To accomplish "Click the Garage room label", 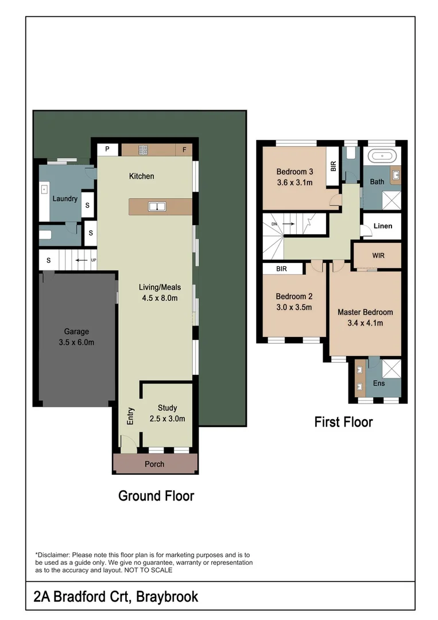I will [x=76, y=332].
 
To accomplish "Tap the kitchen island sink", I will [x=157, y=206].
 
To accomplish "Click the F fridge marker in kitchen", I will [x=184, y=150].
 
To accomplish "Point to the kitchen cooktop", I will [x=143, y=150].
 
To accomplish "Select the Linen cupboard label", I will [x=382, y=226].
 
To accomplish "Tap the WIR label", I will [x=378, y=254].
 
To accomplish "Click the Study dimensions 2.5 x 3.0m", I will [x=166, y=418].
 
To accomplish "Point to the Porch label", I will [x=154, y=464].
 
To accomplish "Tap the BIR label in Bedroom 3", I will [x=334, y=166].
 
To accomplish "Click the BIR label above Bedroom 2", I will [x=281, y=269].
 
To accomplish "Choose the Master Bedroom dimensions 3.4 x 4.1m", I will [x=365, y=323].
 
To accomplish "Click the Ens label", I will [x=379, y=383].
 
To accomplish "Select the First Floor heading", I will [x=343, y=423].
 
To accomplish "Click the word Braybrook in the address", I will [x=166, y=597].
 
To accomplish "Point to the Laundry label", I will [x=65, y=199].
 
